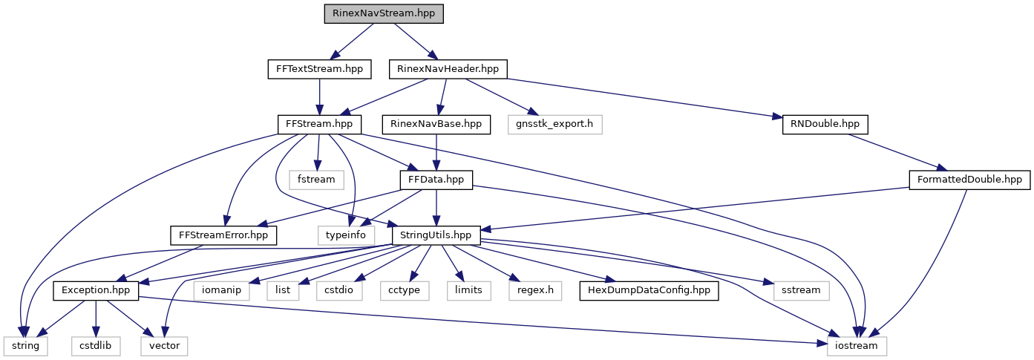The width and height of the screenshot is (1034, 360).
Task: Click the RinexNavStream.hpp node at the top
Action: point(384,14)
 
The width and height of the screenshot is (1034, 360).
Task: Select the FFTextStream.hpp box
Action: point(319,69)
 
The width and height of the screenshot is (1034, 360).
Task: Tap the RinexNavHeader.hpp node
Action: point(448,69)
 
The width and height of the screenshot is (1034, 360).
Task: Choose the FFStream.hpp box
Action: point(318,124)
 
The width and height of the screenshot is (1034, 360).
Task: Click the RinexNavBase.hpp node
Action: point(436,124)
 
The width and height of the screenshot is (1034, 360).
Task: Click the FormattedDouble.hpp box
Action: point(969,179)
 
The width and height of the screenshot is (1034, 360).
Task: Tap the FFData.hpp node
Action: point(436,179)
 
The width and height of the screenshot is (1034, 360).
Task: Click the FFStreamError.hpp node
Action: point(223,235)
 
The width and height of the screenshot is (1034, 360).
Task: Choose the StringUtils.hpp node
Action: point(436,235)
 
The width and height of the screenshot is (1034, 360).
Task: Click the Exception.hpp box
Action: point(95,289)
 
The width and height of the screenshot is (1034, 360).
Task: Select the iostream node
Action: point(857,345)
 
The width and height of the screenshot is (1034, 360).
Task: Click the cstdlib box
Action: point(95,345)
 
